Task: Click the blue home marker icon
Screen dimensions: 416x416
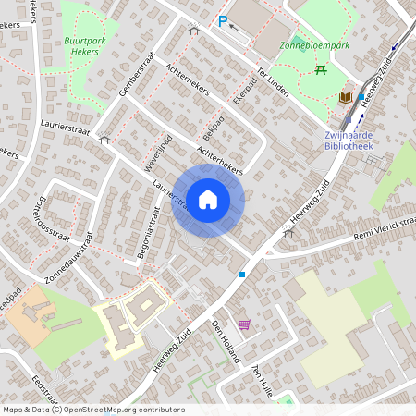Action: (208, 201)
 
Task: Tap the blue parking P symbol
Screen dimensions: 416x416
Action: (222, 21)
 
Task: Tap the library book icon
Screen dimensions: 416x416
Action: (345, 97)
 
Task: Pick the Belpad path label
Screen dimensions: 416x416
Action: (213, 126)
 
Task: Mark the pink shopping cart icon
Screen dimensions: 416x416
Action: (244, 324)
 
